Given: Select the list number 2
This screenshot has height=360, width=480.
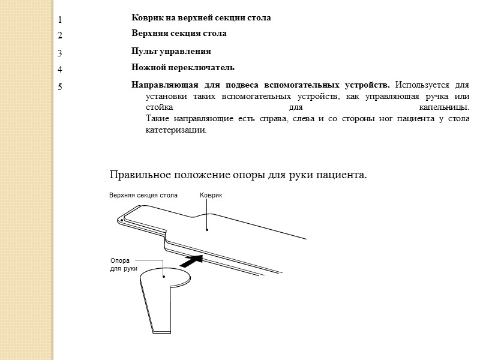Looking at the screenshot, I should click(60, 36).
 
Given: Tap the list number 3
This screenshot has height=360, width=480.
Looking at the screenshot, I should click(60, 53).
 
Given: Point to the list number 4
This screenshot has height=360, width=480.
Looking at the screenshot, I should click(60, 70).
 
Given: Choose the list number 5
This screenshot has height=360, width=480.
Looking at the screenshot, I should click(60, 87).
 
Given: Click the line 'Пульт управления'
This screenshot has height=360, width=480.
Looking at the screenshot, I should click(171, 52).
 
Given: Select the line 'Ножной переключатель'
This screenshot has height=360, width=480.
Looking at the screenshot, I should click(182, 68).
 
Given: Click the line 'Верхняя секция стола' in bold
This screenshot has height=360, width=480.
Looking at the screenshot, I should click(179, 34).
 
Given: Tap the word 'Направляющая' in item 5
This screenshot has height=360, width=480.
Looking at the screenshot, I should click(164, 84).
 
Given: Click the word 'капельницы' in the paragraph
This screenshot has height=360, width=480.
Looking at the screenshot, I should click(443, 108).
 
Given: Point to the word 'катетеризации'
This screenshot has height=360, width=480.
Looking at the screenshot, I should click(175, 130).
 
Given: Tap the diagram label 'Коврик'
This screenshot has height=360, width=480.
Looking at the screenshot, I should click(211, 196).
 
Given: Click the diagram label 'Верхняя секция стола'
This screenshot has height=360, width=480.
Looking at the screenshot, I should click(143, 196).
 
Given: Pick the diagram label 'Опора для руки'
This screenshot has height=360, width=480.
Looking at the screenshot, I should click(124, 265).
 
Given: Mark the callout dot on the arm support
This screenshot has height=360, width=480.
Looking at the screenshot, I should click(164, 277).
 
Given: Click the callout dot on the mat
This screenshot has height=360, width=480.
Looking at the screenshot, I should click(207, 229).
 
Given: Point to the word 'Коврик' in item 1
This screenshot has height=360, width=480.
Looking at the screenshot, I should click(146, 18).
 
